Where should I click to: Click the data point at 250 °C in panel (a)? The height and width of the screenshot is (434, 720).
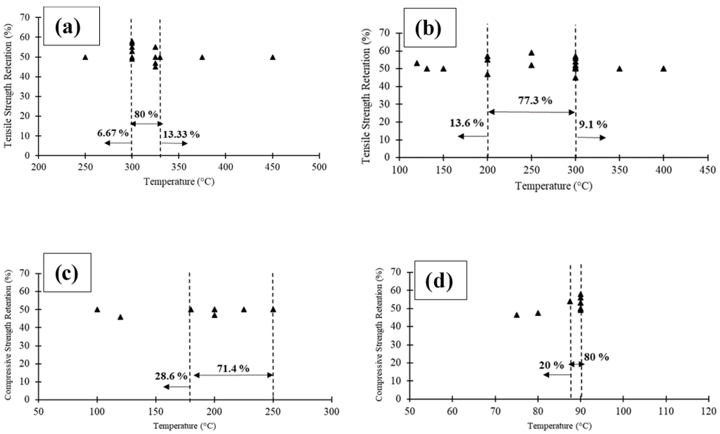pyautogui.click(x=85, y=57)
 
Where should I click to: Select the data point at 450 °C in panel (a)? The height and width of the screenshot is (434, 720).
pyautogui.click(x=273, y=57)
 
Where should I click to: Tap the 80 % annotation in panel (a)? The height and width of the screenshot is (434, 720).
pyautogui.click(x=146, y=114)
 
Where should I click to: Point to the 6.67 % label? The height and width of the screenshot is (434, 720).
pyautogui.click(x=113, y=133)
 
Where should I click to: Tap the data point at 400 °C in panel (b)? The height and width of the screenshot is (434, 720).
pyautogui.click(x=663, y=69)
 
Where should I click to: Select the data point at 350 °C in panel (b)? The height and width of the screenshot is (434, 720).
pyautogui.click(x=619, y=69)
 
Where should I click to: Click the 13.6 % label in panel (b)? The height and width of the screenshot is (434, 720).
pyautogui.click(x=466, y=123)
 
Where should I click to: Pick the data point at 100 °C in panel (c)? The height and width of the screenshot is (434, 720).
pyautogui.click(x=97, y=310)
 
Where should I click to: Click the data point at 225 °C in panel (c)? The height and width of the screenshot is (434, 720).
pyautogui.click(x=244, y=310)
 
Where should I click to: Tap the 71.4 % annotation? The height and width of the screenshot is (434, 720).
pyautogui.click(x=233, y=369)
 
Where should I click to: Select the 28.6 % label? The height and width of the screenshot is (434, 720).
pyautogui.click(x=171, y=376)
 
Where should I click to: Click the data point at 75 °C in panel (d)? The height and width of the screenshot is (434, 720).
pyautogui.click(x=517, y=315)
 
